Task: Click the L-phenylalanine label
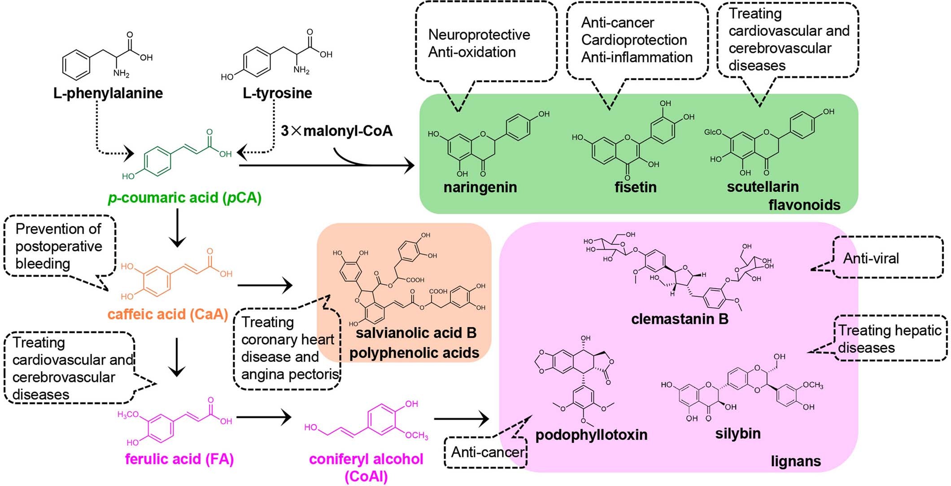click(x=108, y=93)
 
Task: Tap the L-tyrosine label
click(x=277, y=93)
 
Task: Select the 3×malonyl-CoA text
click(x=336, y=131)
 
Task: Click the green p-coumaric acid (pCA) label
click(x=184, y=198)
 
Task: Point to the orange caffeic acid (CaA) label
click(x=168, y=314)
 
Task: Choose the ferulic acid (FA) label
click(x=179, y=459)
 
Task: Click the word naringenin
click(x=480, y=187)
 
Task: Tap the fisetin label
click(x=635, y=187)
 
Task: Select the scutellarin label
click(x=763, y=187)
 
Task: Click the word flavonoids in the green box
click(x=804, y=205)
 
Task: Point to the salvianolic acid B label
click(x=416, y=333)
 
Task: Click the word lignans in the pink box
click(x=796, y=461)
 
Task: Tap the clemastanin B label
click(x=680, y=319)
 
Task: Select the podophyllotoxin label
click(x=591, y=434)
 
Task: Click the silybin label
click(x=738, y=434)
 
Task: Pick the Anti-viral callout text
click(x=871, y=258)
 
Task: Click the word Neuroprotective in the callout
click(x=479, y=35)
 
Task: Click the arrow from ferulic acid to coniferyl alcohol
click(x=264, y=418)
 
